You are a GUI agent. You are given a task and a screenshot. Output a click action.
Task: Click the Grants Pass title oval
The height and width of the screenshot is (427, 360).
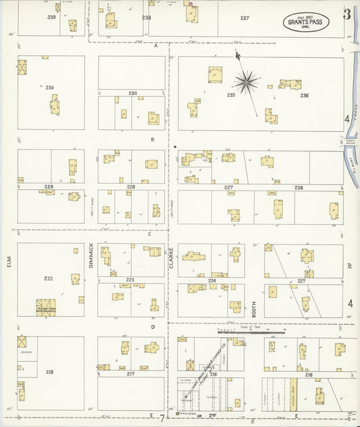pyautogui.click(x=306, y=22)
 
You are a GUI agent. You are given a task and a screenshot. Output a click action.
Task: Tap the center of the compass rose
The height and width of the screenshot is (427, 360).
pyautogui.click(x=247, y=82)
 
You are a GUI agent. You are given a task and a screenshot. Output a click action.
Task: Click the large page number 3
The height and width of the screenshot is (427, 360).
pyautogui.click(x=346, y=14)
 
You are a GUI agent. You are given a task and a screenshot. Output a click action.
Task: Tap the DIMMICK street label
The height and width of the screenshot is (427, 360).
pyautogui.click(x=91, y=256)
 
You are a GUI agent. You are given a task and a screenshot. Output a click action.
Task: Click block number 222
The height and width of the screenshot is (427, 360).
pyautogui.click(x=49, y=279)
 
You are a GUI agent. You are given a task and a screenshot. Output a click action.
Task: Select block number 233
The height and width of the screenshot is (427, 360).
pyautogui.click(x=49, y=87)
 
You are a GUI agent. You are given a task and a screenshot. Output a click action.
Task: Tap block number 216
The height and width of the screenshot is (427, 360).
pyautogui.click(x=213, y=374)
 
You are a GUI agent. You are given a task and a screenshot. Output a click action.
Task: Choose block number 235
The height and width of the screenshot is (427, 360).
pyautogui.click(x=231, y=95)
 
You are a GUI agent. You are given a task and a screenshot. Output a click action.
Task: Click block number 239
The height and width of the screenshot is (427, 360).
pyautogui.click(x=51, y=16)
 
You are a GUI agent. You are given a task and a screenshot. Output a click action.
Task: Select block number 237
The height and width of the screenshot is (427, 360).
pyautogui.click(x=244, y=18)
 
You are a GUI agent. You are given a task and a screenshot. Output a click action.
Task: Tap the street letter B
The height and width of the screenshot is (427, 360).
pyautogui.click(x=153, y=140)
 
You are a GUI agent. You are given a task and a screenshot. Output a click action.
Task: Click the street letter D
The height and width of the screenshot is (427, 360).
pyautogui.click(x=153, y=327)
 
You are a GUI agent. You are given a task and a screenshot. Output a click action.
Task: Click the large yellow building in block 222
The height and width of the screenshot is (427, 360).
pyautogui.click(x=47, y=307)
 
